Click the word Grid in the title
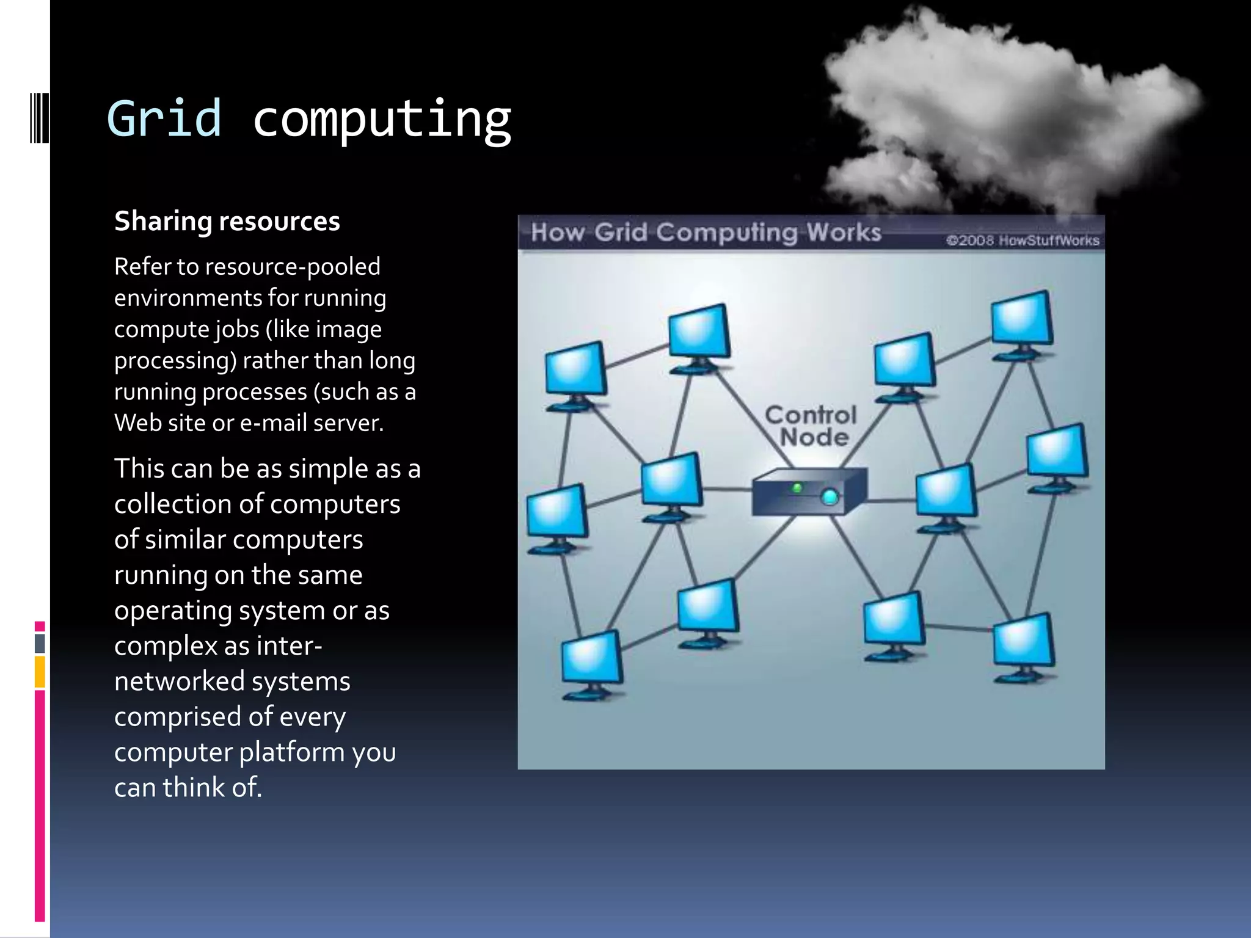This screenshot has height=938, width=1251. coord(164,118)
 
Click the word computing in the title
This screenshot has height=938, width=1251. coord(382,120)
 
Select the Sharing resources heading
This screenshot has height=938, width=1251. coord(227,221)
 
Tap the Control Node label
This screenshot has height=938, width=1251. coord(812,426)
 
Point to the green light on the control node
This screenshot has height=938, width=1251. coord(797,488)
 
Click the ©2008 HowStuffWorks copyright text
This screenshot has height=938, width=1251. coord(1023,240)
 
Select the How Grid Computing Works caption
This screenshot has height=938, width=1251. coord(706,233)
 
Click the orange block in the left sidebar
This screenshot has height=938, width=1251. coord(40,672)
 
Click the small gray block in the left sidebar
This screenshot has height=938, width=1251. coord(40,643)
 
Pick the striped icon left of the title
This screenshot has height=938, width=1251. coord(39,117)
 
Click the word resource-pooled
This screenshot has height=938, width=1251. coord(293,267)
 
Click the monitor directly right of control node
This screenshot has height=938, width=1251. coord(945,492)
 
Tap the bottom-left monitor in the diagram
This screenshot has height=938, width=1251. coord(590,660)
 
